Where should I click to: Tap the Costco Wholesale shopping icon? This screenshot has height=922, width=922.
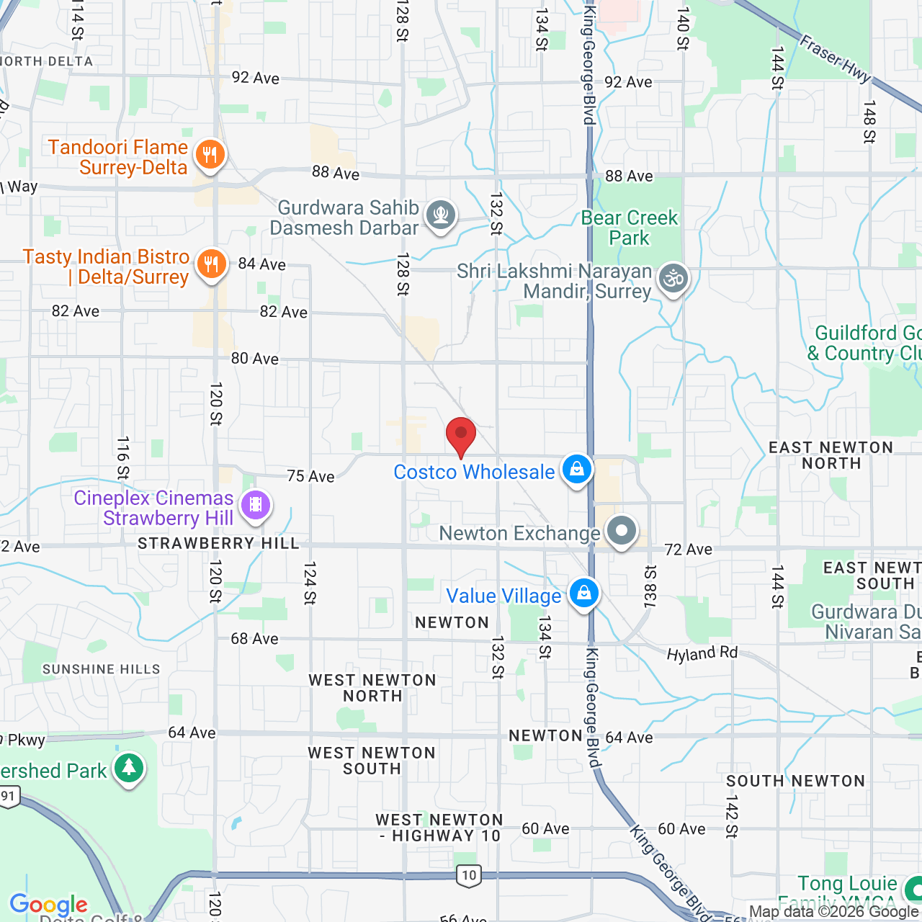click(576, 470)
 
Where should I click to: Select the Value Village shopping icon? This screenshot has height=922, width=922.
click(583, 594)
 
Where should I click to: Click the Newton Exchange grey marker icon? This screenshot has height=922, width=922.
click(622, 531)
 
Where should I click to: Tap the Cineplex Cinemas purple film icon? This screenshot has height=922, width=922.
click(256, 504)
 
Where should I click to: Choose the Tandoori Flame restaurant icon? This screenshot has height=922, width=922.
click(210, 154)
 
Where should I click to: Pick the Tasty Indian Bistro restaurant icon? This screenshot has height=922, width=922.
click(211, 264)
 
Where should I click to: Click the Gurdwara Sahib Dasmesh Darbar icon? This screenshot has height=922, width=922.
click(440, 214)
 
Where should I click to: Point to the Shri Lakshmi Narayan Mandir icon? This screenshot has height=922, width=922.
click(674, 279)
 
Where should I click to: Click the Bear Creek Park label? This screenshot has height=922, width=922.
click(630, 228)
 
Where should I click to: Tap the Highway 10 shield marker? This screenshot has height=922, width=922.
click(469, 875)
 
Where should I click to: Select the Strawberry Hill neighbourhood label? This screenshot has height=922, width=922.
click(218, 543)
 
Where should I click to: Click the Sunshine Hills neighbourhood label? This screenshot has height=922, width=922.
click(102, 669)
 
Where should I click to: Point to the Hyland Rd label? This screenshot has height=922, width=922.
click(702, 654)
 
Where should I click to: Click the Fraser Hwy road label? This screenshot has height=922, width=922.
click(836, 58)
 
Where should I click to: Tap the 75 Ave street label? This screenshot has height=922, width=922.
click(310, 476)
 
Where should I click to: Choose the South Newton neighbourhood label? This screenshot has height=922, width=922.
click(795, 781)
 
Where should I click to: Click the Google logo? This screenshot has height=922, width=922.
click(49, 905)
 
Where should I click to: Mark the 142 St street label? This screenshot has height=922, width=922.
click(732, 816)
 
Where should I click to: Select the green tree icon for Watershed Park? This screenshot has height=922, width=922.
click(129, 769)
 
